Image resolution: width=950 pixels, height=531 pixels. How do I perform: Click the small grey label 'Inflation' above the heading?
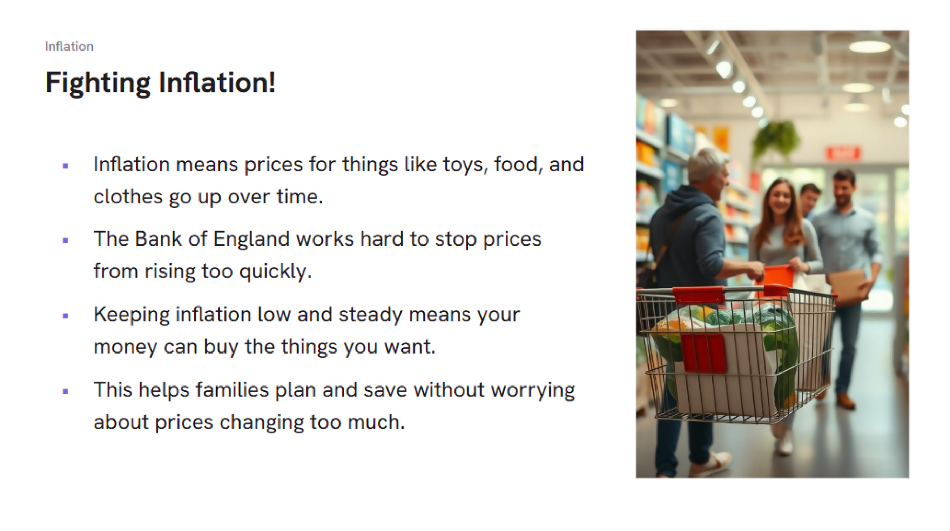(69, 46)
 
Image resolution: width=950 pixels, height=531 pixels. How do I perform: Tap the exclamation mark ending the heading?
(271, 82)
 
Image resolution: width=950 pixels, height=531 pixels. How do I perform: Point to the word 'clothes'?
(128, 196)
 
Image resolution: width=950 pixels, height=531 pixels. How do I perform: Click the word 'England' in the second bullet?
(251, 239)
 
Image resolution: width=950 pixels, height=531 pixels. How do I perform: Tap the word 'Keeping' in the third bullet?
(131, 315)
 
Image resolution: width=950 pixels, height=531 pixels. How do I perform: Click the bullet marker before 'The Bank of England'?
(65, 240)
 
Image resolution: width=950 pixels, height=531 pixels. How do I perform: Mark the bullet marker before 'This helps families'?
(65, 391)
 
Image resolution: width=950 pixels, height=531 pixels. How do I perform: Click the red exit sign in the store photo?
(843, 153)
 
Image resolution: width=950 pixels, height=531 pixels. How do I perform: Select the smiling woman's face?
(780, 197)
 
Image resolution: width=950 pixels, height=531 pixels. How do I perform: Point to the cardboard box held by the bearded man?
(847, 287)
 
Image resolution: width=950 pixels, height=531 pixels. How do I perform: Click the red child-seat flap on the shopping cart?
(703, 353)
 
